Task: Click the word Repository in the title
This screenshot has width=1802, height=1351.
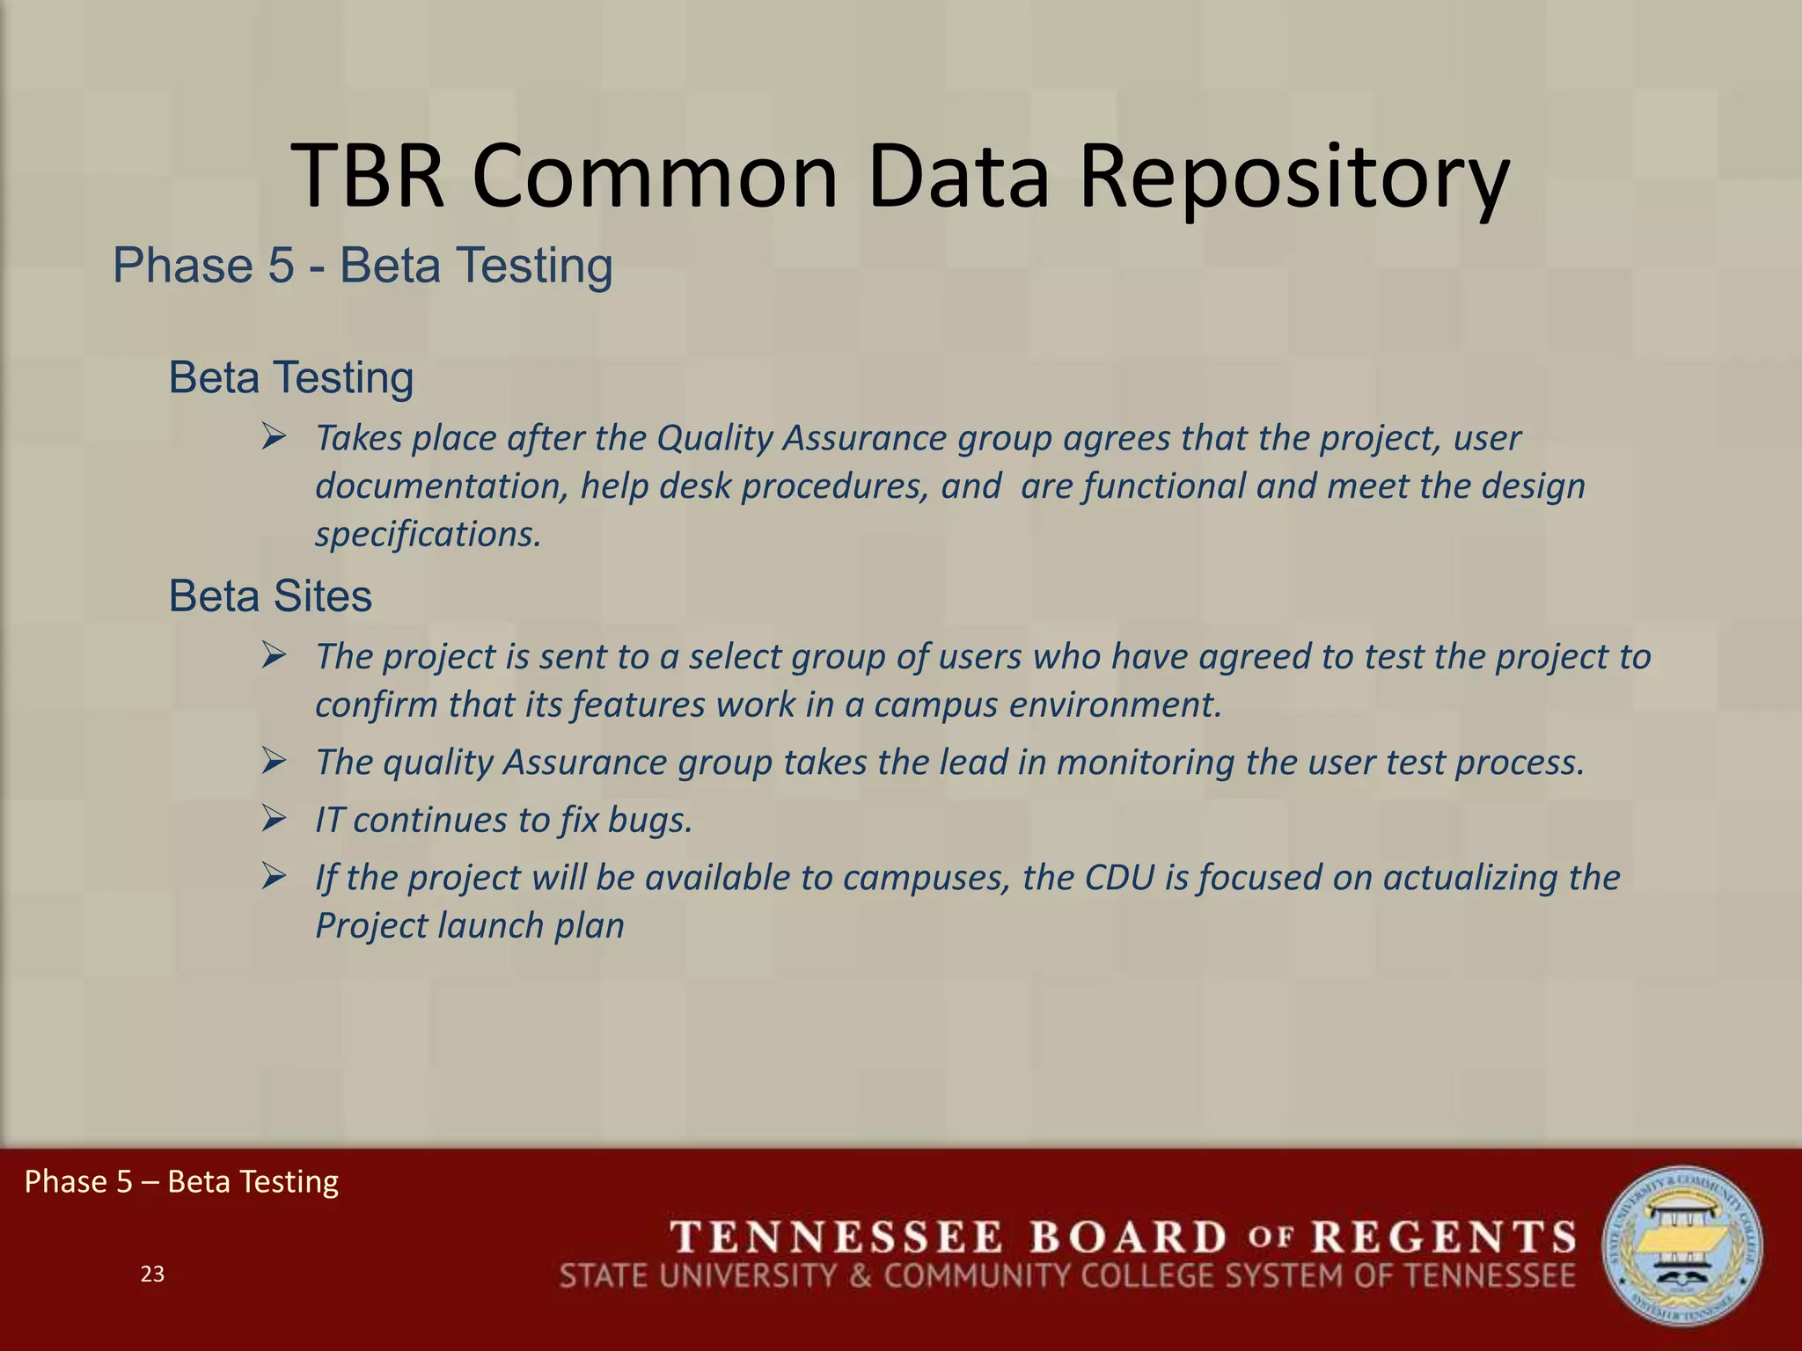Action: pyautogui.click(x=1293, y=179)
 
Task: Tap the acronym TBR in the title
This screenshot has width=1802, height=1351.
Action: pyautogui.click(x=369, y=179)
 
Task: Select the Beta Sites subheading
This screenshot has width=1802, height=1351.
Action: pyautogui.click(x=270, y=596)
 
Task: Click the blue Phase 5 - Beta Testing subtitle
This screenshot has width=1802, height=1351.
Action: pyautogui.click(x=363, y=266)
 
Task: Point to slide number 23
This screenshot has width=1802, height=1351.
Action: pyautogui.click(x=152, y=1274)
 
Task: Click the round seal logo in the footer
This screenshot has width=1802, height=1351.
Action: pyautogui.click(x=1681, y=1245)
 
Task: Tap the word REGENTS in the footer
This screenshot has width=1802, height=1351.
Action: pyautogui.click(x=1444, y=1237)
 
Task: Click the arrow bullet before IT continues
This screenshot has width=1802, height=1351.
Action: pyautogui.click(x=274, y=820)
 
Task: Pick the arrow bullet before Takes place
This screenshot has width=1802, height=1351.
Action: pyautogui.click(x=274, y=437)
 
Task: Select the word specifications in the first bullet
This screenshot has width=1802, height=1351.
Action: pyautogui.click(x=428, y=534)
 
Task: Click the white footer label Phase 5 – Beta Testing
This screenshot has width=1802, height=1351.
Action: pyautogui.click(x=181, y=1181)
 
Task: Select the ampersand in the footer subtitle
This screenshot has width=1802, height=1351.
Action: pyautogui.click(x=861, y=1275)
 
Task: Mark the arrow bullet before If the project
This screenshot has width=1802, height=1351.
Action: pyautogui.click(x=274, y=877)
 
